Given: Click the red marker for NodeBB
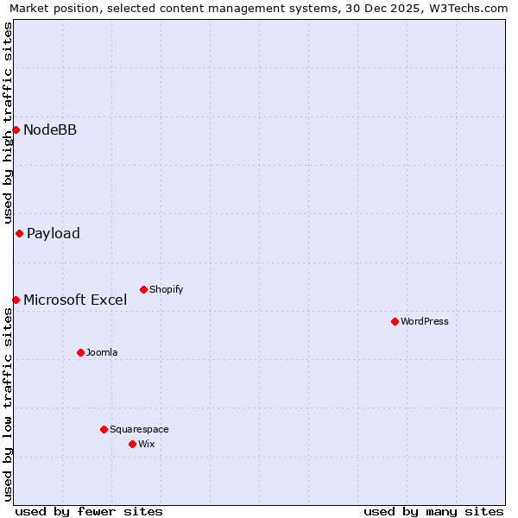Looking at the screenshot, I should click(16, 129).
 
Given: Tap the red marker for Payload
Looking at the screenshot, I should click(19, 233).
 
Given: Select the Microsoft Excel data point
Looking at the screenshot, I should click(16, 300).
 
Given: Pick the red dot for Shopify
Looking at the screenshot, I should click(143, 289).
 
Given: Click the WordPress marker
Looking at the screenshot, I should click(395, 321).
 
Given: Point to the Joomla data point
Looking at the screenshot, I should click(80, 352).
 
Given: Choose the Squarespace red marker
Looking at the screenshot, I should click(104, 429).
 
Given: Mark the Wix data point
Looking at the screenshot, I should click(132, 444).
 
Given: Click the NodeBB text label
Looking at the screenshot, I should click(50, 130).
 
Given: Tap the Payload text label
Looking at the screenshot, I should click(54, 234).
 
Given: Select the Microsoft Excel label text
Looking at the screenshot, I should click(75, 300).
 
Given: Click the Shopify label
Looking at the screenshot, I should click(166, 290).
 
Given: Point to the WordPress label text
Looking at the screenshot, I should click(424, 322).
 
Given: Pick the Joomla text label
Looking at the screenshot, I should click(102, 353).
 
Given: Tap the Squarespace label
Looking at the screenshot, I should click(139, 430).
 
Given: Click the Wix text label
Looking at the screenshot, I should click(146, 445).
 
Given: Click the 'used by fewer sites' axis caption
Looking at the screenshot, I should click(89, 511).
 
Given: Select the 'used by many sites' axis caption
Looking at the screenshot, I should click(433, 511).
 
